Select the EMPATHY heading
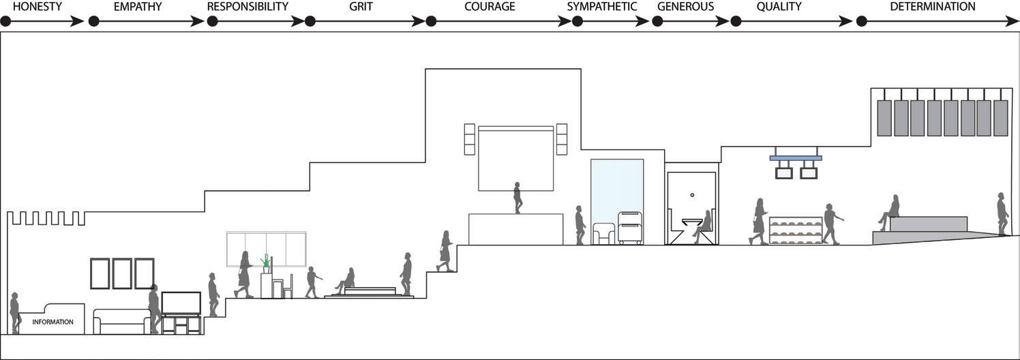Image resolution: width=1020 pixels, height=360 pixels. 138,7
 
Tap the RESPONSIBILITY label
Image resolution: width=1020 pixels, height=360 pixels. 247,7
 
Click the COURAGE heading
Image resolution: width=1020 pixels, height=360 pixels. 490,7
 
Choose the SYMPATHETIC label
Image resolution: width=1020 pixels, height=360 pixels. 602,7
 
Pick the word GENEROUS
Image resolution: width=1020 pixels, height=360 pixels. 685,7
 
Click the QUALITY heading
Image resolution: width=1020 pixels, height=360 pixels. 779,7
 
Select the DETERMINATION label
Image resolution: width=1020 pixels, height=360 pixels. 933,7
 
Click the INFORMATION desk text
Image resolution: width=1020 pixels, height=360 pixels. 52,322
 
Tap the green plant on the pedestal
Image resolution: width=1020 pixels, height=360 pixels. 265,261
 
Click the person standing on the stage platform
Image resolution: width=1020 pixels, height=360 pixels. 517,198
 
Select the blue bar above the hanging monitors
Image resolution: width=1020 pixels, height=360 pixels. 795,158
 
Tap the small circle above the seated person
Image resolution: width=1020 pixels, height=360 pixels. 691,195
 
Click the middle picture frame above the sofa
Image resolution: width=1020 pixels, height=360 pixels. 122,273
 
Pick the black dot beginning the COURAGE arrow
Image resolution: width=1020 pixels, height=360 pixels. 431,21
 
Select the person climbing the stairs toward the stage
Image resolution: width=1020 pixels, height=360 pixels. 446,251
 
